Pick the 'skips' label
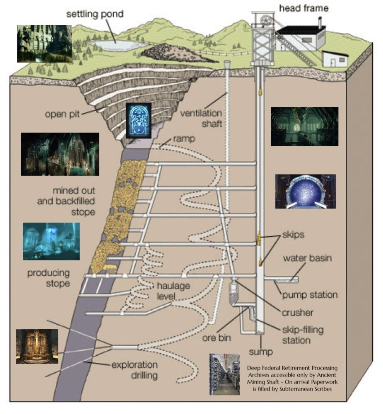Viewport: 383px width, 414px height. click(x=293, y=235)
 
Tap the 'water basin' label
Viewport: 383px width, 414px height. click(x=307, y=258)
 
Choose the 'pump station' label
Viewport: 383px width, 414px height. click(x=310, y=295)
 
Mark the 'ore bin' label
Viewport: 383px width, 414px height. click(x=216, y=338)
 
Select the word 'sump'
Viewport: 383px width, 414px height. click(x=261, y=352)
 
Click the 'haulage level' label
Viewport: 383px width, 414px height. click(x=173, y=291)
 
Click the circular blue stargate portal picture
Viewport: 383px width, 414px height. click(x=306, y=191)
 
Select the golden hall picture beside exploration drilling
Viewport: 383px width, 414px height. click(x=37, y=346)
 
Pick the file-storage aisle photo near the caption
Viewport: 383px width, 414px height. click(x=224, y=374)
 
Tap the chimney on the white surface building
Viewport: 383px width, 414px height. click(x=320, y=22)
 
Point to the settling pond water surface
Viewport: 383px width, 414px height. click(x=118, y=45)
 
